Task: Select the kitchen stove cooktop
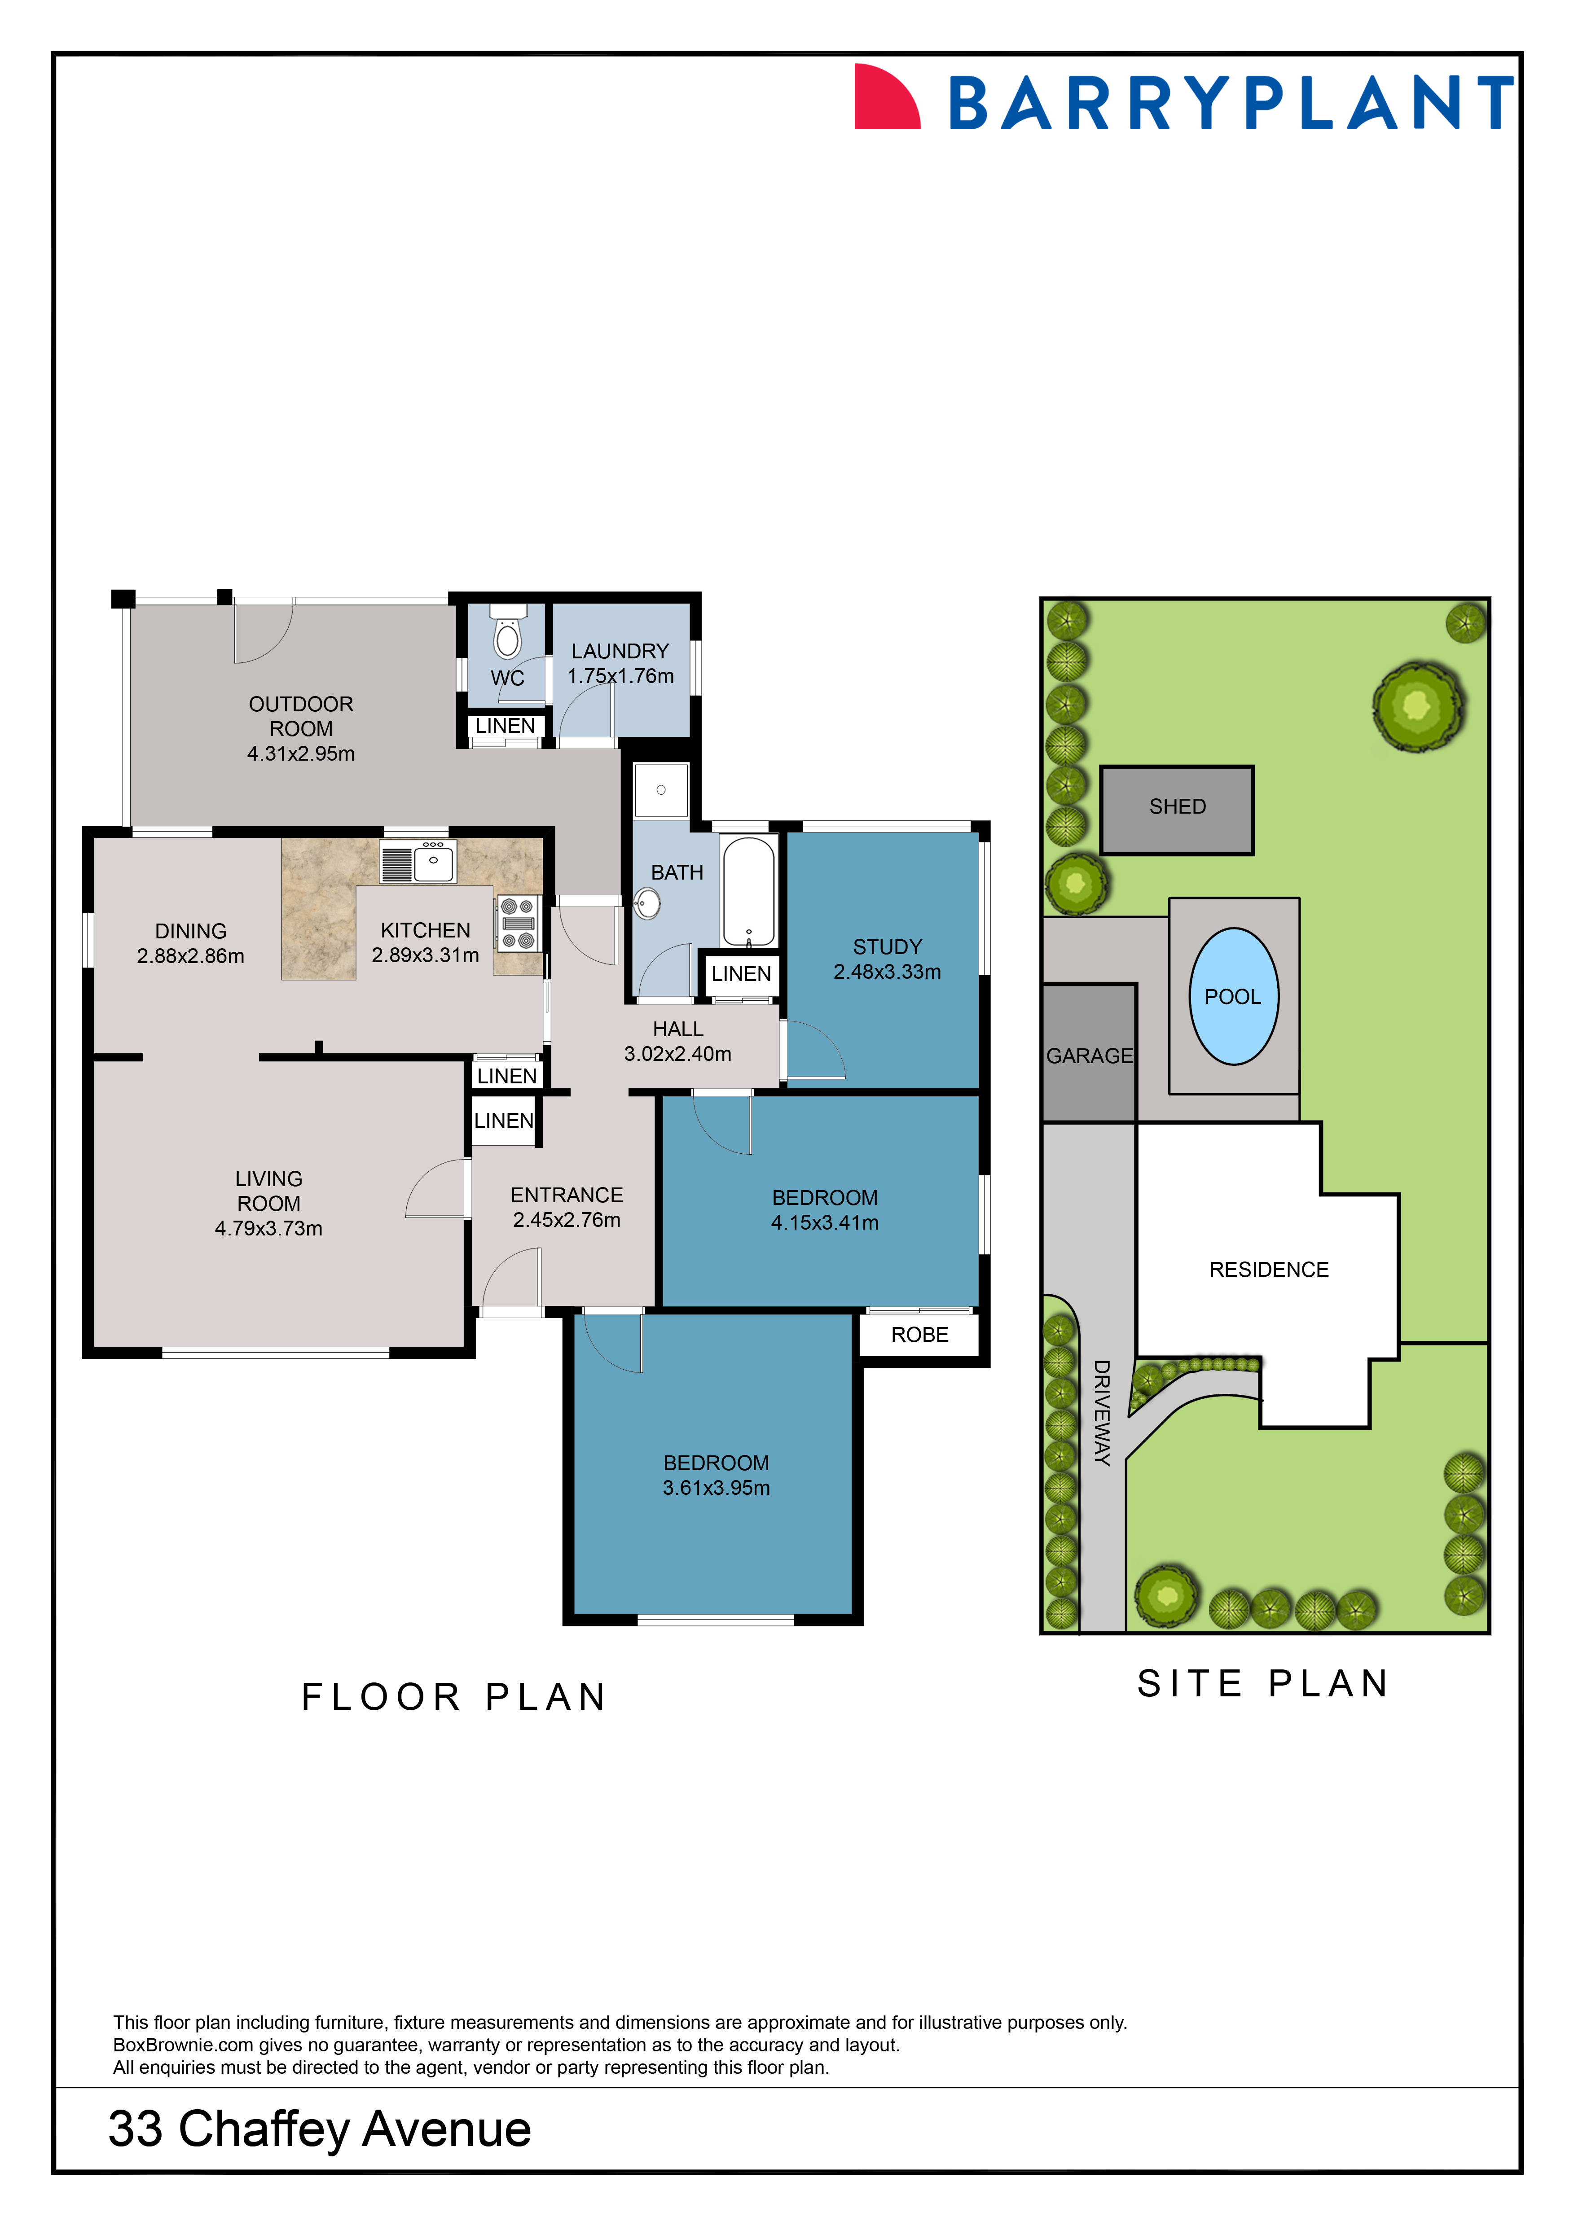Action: click(x=518, y=924)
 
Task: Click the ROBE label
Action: click(x=919, y=1335)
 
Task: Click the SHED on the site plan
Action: click(x=1177, y=807)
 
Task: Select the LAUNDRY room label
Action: click(x=620, y=651)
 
